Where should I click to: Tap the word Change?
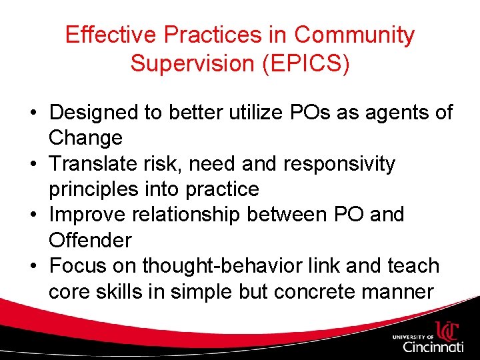pos(85,138)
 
